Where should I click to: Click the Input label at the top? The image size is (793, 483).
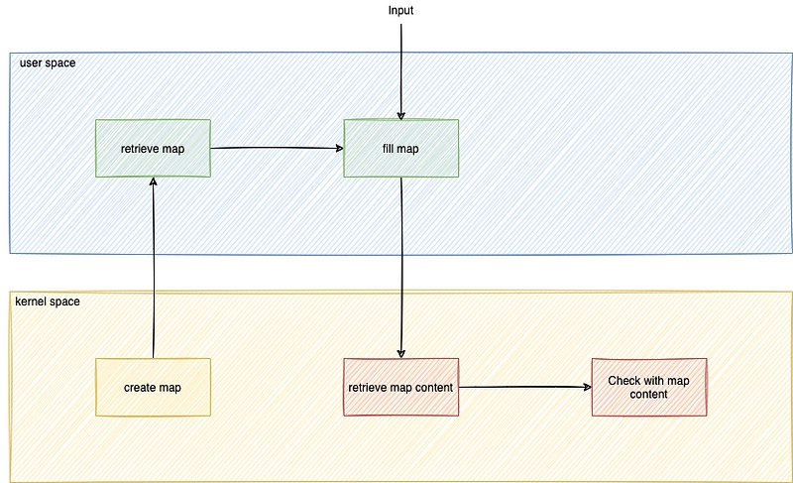point(400,11)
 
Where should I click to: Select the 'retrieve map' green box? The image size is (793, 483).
point(153,148)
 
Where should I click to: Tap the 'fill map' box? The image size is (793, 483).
point(401,148)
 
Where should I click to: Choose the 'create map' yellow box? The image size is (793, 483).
point(153,388)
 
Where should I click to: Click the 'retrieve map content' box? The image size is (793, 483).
point(401,388)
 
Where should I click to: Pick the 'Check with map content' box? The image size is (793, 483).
point(649,388)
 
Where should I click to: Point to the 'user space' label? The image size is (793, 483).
point(48,63)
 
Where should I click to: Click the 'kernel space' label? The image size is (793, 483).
point(48,302)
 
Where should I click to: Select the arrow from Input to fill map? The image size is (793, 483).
point(401,71)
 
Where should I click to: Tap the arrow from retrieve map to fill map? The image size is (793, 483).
point(278,148)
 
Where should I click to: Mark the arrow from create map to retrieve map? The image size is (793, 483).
point(154,268)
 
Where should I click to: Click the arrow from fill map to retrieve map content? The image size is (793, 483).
point(401,268)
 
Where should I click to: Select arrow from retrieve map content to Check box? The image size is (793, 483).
point(525,387)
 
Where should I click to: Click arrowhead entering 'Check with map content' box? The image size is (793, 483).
point(588,387)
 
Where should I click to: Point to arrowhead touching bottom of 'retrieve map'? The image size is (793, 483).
point(154,181)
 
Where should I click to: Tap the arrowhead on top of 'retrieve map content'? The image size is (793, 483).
point(401,354)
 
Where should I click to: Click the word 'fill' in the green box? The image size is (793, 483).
point(388,149)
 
